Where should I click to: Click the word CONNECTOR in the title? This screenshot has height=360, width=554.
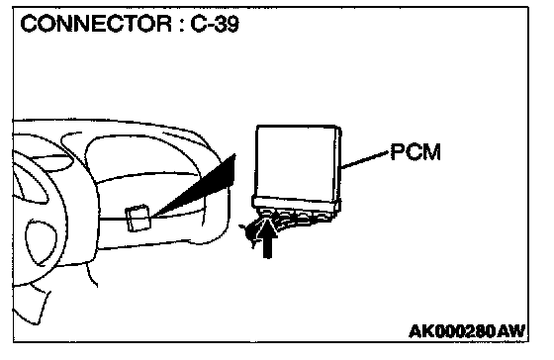96,24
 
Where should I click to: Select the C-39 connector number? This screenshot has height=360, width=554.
215,24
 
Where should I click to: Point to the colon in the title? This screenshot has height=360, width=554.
181,26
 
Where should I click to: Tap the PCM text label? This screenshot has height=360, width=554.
415,152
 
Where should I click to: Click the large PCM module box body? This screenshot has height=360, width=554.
298,162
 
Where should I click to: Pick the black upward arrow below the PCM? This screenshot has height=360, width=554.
267,238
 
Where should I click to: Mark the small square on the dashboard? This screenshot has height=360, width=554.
138,219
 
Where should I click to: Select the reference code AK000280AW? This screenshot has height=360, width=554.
467,331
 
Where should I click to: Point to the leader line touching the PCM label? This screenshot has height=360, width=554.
365,160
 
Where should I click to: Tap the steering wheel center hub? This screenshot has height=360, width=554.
41,242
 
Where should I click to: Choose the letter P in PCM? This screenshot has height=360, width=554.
397,152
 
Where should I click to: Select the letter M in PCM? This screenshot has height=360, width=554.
432,152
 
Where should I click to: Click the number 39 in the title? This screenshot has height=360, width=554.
227,24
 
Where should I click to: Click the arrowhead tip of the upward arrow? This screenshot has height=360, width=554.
267,220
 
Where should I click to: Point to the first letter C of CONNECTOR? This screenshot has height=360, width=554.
29,24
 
